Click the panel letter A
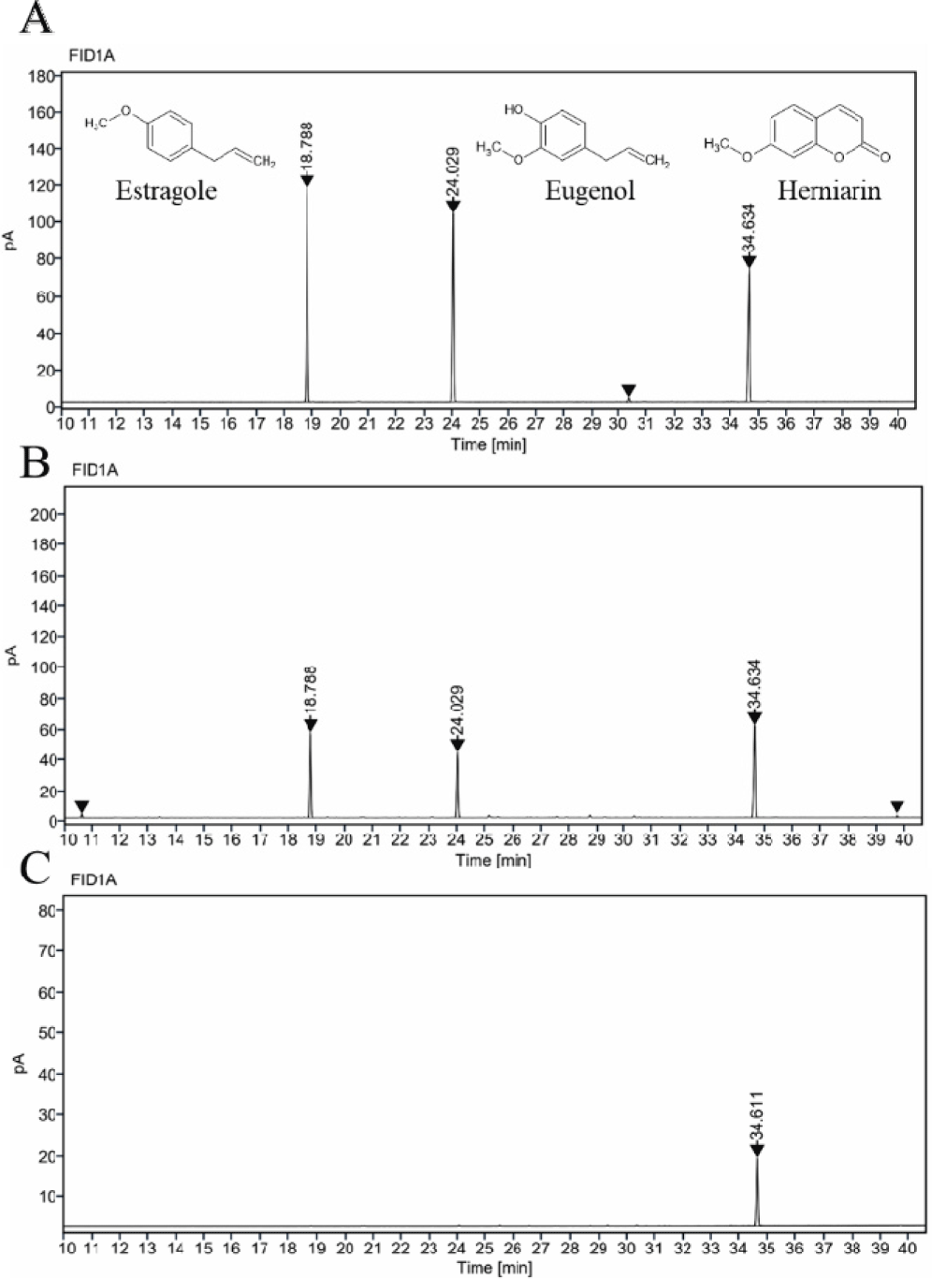pyautogui.click(x=35, y=19)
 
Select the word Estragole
pyautogui.click(x=167, y=192)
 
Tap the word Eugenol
pyautogui.click(x=590, y=192)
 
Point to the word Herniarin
pyautogui.click(x=829, y=192)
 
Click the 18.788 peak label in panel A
pyautogui.click(x=307, y=145)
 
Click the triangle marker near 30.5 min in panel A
pyautogui.click(x=629, y=390)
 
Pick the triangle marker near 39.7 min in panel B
pyautogui.click(x=896, y=806)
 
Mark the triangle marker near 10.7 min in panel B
pyautogui.click(x=82, y=806)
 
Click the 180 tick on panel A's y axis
pyautogui.click(x=41, y=77)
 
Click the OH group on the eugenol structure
pyautogui.click(x=514, y=110)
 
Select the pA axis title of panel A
pyautogui.click(x=11, y=241)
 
